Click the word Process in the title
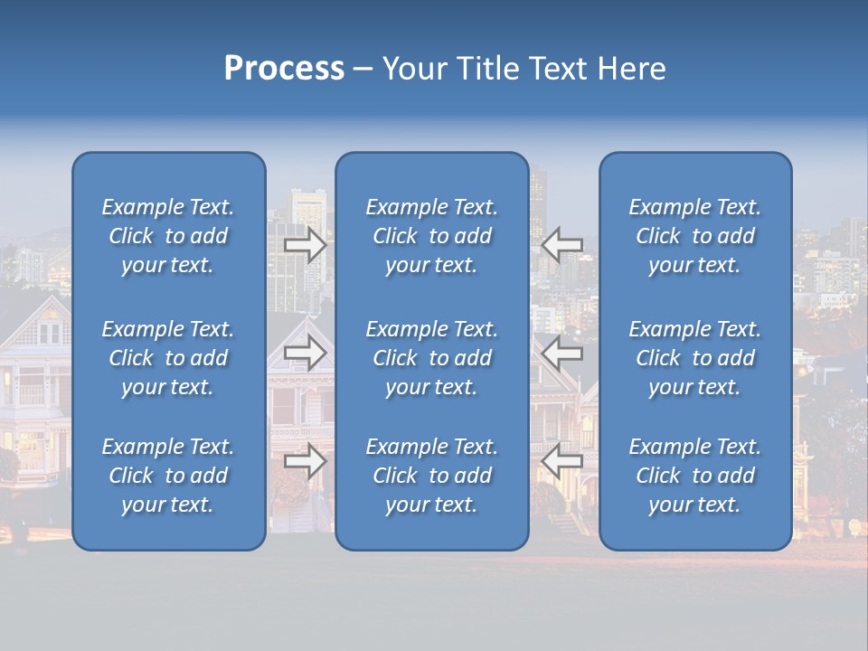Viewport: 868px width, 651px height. click(284, 69)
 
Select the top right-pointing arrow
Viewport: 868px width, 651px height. click(306, 245)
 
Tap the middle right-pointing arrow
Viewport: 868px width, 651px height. click(306, 353)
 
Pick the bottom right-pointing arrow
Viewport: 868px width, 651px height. click(306, 461)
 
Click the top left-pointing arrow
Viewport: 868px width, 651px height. click(561, 245)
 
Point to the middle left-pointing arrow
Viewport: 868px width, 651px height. click(561, 353)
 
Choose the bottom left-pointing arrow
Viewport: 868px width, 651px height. click(561, 461)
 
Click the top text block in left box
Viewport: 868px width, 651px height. click(168, 236)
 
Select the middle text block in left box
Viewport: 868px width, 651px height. click(168, 358)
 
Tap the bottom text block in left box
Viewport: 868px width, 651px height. click(168, 476)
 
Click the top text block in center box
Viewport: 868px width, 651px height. click(431, 236)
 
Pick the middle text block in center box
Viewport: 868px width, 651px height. click(431, 358)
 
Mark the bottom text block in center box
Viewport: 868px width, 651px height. click(431, 476)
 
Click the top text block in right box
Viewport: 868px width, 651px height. click(694, 236)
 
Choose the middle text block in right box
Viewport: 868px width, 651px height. click(694, 358)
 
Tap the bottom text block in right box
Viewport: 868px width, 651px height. click(694, 476)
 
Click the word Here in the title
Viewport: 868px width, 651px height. click(631, 69)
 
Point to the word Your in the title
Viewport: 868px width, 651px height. click(413, 69)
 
